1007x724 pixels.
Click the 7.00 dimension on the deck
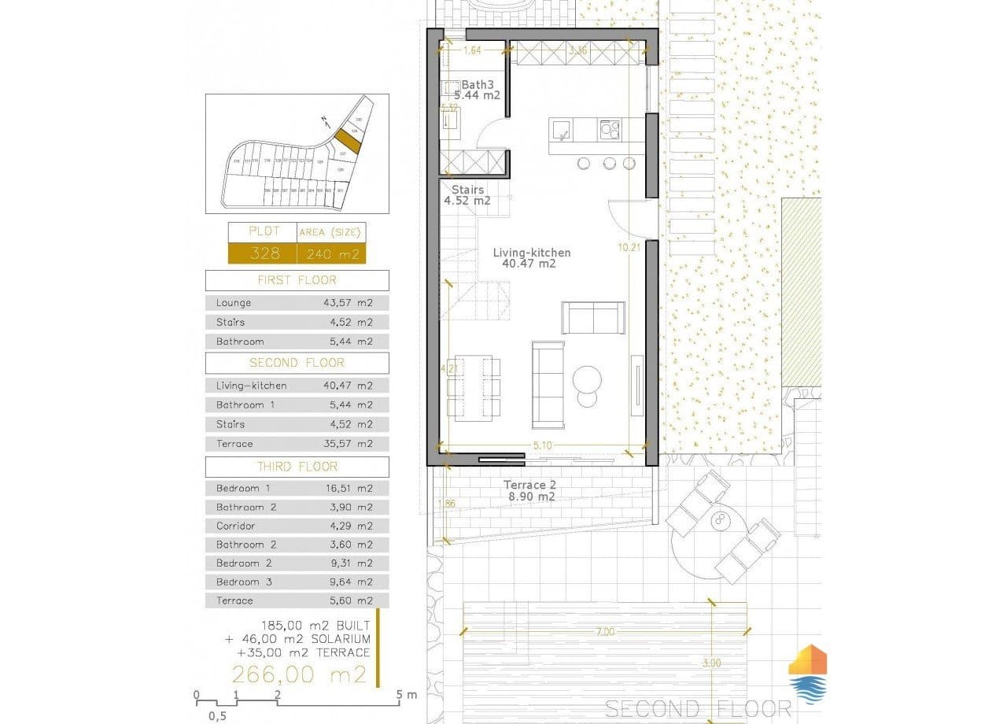point(605,631)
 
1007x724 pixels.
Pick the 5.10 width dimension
point(543,445)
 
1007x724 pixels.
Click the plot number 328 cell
point(261,253)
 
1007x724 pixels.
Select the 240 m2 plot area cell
point(331,253)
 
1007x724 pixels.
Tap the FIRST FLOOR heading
point(297,280)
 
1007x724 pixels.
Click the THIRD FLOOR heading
point(297,467)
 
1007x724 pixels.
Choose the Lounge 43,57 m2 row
point(297,302)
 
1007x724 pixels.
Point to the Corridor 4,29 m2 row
point(297,526)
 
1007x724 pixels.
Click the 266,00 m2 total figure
point(299,674)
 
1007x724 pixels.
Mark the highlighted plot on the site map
point(347,142)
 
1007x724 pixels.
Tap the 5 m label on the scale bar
point(408,695)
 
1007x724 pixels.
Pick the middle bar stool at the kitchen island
point(610,163)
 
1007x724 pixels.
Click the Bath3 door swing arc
point(492,132)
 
